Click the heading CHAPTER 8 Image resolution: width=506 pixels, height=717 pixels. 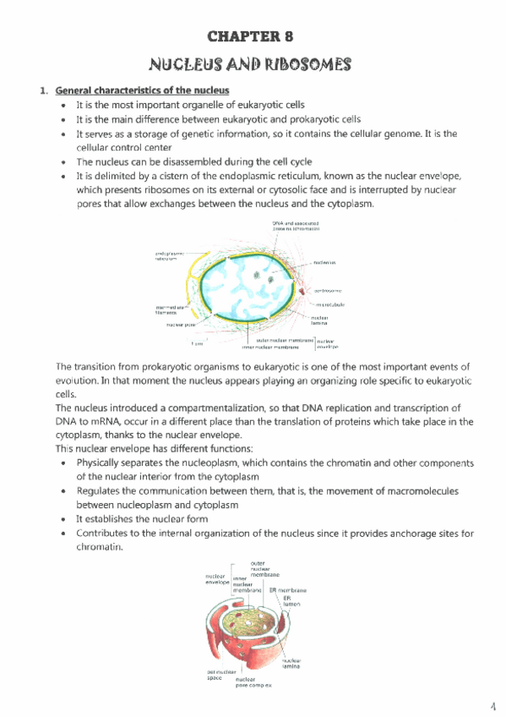(253, 36)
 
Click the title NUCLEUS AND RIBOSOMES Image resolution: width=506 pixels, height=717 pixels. (253, 64)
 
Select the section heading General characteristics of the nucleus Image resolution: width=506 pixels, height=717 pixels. (142, 90)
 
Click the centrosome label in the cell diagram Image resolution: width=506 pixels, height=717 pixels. (327, 290)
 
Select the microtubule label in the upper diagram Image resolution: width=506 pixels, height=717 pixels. (329, 304)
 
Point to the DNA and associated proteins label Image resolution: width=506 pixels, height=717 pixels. (296, 226)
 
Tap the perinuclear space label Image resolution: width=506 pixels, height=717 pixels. (208, 676)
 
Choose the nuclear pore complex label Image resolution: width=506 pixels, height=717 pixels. (253, 682)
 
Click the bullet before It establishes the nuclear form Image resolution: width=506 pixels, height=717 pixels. (66, 519)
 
